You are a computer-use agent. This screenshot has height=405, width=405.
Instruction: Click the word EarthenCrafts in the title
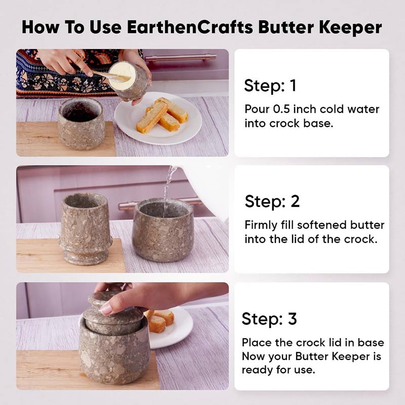point(190,27)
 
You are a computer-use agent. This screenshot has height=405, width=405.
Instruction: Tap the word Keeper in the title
point(350,27)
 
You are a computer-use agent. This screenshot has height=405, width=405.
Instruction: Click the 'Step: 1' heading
point(270,86)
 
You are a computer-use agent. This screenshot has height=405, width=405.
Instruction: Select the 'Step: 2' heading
point(272,201)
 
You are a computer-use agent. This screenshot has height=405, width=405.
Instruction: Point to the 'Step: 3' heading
point(269,318)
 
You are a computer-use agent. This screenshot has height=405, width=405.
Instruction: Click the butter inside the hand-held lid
point(121,75)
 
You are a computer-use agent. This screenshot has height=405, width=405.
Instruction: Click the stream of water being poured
point(168,191)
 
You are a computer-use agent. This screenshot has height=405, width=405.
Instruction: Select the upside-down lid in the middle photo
point(86,229)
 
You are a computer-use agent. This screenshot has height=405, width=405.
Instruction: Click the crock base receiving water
point(163,230)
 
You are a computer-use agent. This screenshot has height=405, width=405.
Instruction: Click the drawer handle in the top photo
point(181,57)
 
